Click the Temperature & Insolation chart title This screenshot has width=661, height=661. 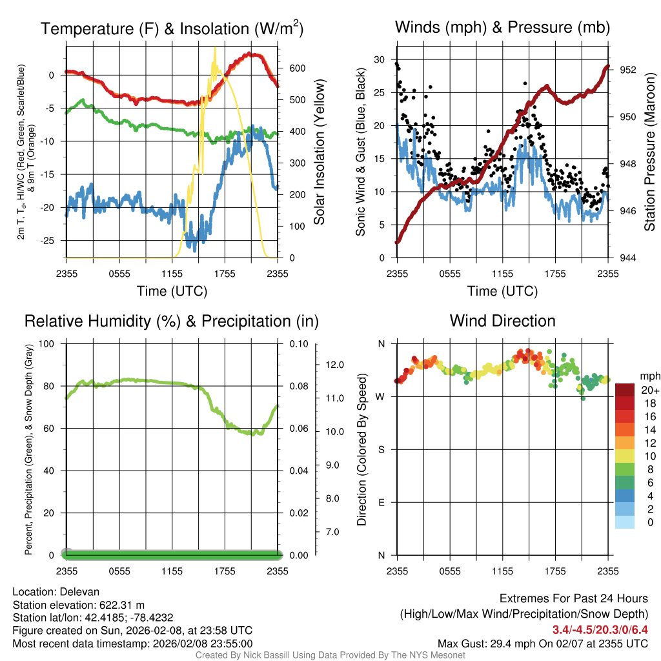(x=172, y=28)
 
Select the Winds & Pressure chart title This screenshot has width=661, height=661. (x=502, y=27)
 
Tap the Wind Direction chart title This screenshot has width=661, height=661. (x=502, y=321)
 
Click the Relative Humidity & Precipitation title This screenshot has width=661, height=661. (x=172, y=321)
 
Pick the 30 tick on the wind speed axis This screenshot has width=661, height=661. (x=379, y=59)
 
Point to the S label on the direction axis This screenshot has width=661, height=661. (x=381, y=449)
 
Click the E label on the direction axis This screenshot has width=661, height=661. (x=381, y=502)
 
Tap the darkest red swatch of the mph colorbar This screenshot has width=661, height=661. (x=625, y=390)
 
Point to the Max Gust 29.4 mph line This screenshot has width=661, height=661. (x=542, y=644)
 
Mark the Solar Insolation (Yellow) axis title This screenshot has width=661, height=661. (x=320, y=152)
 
